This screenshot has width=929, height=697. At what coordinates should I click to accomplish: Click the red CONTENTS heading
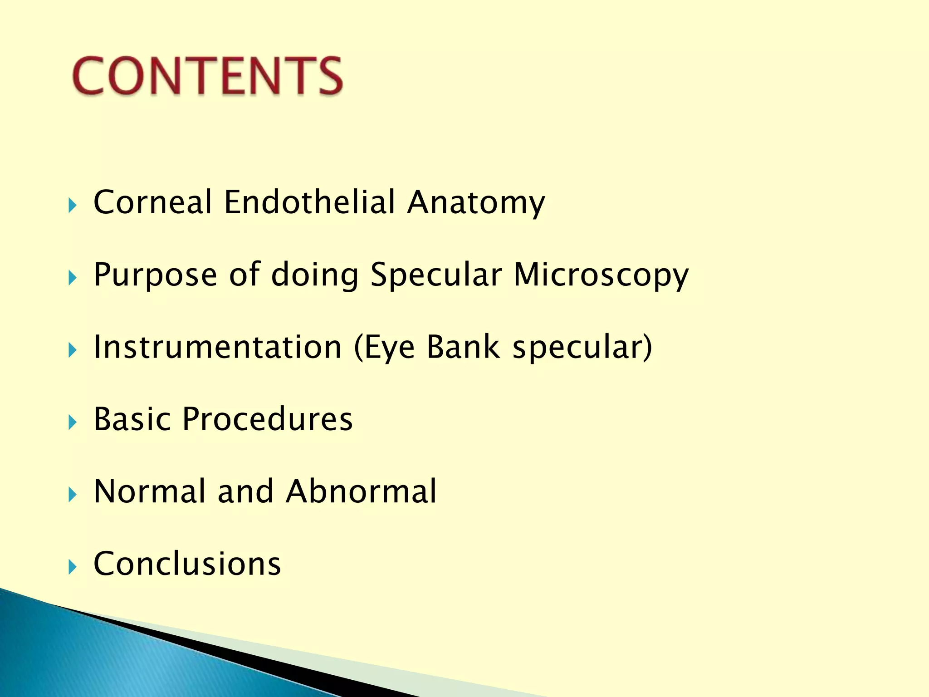click(207, 76)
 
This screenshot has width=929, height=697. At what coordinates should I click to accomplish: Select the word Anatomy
click(476, 203)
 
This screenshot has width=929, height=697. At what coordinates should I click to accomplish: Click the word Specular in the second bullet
click(436, 275)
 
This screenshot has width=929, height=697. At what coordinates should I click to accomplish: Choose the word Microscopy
click(601, 275)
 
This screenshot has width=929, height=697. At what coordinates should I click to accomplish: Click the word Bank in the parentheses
click(463, 347)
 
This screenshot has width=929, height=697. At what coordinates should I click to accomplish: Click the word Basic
click(132, 419)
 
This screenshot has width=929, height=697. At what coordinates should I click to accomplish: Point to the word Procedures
click(268, 419)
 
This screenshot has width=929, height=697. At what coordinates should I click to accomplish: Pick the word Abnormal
click(361, 491)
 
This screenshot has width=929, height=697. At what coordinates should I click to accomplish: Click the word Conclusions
click(187, 564)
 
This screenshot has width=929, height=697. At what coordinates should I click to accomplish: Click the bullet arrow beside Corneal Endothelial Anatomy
click(73, 206)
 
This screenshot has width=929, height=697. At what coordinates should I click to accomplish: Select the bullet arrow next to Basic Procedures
click(73, 422)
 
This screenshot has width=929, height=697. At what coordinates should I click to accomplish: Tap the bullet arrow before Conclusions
click(73, 567)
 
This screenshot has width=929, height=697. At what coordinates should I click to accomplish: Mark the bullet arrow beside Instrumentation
click(73, 350)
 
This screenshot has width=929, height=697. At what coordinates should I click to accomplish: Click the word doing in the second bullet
click(315, 275)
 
